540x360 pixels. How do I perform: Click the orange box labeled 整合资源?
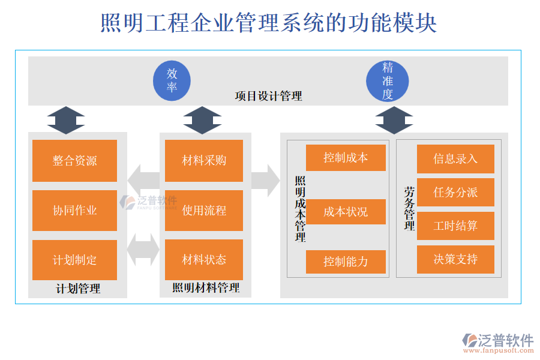coord(74,160)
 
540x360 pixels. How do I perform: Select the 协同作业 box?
coord(74,210)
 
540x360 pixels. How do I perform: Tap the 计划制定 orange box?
coord(74,260)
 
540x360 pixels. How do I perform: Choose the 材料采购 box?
coord(204,160)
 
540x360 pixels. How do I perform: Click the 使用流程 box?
coord(204,210)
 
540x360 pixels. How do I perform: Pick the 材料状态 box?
coord(204,260)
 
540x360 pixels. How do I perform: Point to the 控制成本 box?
coord(346,158)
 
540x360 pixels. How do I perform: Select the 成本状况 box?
coord(346,212)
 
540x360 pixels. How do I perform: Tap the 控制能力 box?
coord(346,262)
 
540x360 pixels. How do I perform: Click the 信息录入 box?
coord(455,159)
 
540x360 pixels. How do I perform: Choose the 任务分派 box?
coord(455,192)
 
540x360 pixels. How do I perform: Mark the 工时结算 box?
coord(455,226)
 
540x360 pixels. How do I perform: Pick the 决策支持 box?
coord(455,259)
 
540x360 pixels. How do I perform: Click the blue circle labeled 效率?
coord(172,80)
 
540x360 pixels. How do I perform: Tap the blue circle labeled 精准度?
coord(388,80)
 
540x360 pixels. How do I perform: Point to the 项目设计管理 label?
coord(268,96)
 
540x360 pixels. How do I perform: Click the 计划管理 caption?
coord(78,289)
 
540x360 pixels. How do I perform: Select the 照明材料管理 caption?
coord(206,289)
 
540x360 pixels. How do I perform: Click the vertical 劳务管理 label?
coord(410,209)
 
